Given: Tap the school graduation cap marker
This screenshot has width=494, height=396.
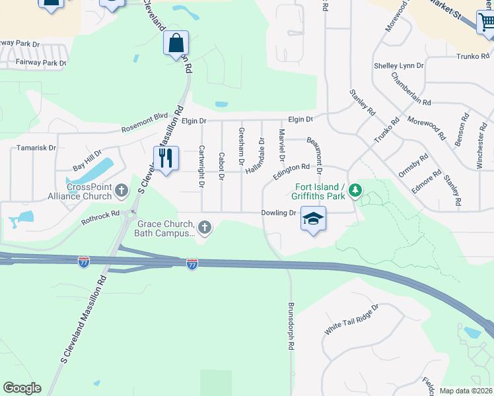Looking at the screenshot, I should pyautogui.click(x=314, y=218).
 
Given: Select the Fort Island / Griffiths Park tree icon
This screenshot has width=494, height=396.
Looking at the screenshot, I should pyautogui.click(x=355, y=191).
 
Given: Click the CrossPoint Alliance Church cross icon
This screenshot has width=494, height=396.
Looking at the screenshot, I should pyautogui.click(x=121, y=191).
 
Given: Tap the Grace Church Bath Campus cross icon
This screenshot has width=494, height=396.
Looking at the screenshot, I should pyautogui.click(x=205, y=228).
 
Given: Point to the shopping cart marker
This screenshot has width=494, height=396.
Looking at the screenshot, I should pyautogui.click(x=487, y=22).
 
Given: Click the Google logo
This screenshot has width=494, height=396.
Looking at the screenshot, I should pyautogui.click(x=22, y=388).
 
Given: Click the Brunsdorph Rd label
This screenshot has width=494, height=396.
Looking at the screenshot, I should pyautogui.click(x=291, y=326).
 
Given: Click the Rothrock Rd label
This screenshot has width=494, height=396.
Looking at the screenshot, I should pyautogui.click(x=102, y=213).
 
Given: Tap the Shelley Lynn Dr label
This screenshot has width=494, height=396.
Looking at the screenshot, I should pyautogui.click(x=398, y=65).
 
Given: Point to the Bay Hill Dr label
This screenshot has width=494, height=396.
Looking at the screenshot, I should pyautogui.click(x=87, y=158).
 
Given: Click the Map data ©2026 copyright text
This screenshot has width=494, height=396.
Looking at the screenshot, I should pyautogui.click(x=466, y=390).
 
